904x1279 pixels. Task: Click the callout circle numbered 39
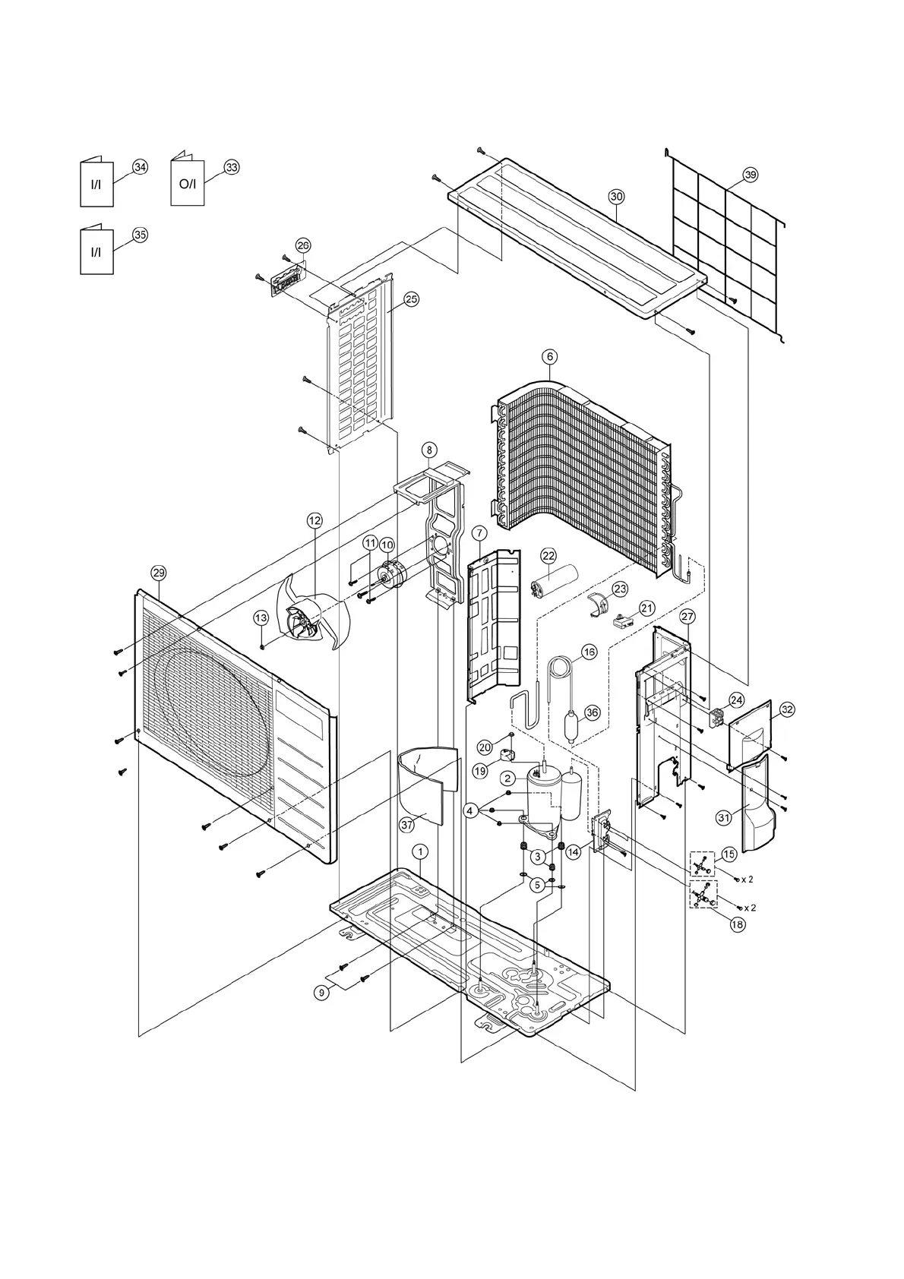click(750, 175)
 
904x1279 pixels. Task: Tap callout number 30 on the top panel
click(616, 196)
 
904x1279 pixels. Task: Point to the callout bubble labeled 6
click(550, 355)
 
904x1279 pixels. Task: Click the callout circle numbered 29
click(158, 572)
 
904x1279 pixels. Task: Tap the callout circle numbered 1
click(420, 851)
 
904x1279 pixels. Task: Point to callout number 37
click(406, 824)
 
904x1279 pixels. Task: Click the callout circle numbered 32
click(787, 709)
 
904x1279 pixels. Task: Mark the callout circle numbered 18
click(736, 924)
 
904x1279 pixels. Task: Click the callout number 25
click(411, 299)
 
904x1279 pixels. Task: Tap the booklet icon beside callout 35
click(96, 252)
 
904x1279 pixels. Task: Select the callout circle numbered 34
click(140, 167)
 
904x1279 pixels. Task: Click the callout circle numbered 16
click(589, 652)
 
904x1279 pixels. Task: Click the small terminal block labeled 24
click(715, 718)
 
